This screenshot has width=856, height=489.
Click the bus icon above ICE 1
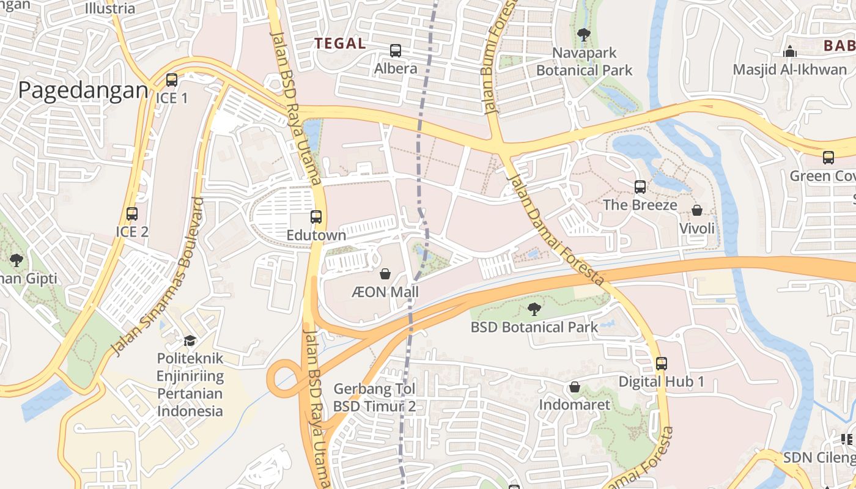pyautogui.click(x=172, y=80)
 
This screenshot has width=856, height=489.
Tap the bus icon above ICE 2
pyautogui.click(x=132, y=214)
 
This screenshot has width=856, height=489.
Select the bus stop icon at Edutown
pyautogui.click(x=316, y=217)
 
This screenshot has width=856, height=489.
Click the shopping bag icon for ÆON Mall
pyautogui.click(x=385, y=274)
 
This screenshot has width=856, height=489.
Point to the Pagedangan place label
pyautogui.click(x=83, y=90)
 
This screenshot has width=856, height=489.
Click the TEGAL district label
pyautogui.click(x=340, y=43)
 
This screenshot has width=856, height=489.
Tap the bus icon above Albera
pyautogui.click(x=396, y=51)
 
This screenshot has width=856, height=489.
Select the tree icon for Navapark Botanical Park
pyautogui.click(x=583, y=35)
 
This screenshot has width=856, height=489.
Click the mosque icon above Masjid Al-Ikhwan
pyautogui.click(x=790, y=51)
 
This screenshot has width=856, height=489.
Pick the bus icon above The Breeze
pyautogui.click(x=640, y=187)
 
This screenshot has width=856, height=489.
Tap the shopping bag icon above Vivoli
pyautogui.click(x=696, y=211)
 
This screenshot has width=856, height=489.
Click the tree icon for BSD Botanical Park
pyautogui.click(x=534, y=309)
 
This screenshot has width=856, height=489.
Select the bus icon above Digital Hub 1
pyautogui.click(x=661, y=364)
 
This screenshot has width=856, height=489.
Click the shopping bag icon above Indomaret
pyautogui.click(x=574, y=387)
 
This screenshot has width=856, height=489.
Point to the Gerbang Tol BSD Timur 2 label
pyautogui.click(x=374, y=398)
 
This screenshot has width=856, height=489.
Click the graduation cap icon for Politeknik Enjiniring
pyautogui.click(x=190, y=340)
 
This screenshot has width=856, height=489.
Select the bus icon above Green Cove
pyautogui.click(x=828, y=158)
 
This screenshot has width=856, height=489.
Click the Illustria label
pyautogui.click(x=110, y=9)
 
